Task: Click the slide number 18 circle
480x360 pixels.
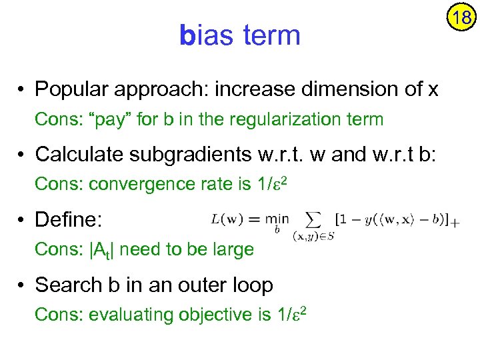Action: (x=461, y=17)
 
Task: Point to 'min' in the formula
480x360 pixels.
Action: (x=277, y=219)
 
